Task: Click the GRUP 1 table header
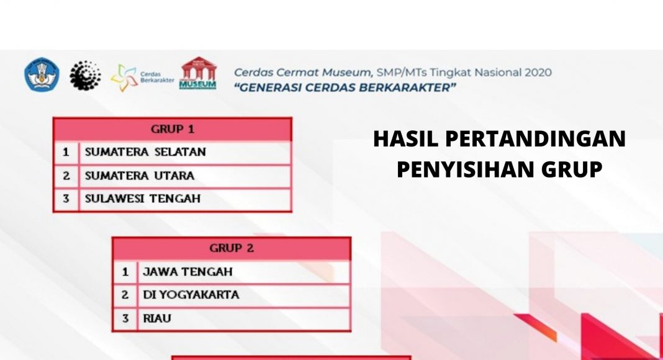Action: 173,129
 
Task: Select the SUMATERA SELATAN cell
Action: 185,152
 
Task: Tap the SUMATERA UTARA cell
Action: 185,176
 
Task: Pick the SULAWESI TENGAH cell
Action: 185,199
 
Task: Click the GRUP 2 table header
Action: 232,248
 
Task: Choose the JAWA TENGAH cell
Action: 244,272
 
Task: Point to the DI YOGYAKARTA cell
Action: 244,295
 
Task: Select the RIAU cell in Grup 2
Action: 244,318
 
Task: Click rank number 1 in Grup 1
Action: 66,152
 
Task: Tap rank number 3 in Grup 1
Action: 66,199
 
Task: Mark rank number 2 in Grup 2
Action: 125,295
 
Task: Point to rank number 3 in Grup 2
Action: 125,318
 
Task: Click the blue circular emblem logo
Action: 42,74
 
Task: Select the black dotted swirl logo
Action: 86,75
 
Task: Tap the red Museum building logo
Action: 198,73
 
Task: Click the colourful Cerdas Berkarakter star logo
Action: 124,78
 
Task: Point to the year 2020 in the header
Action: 538,73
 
